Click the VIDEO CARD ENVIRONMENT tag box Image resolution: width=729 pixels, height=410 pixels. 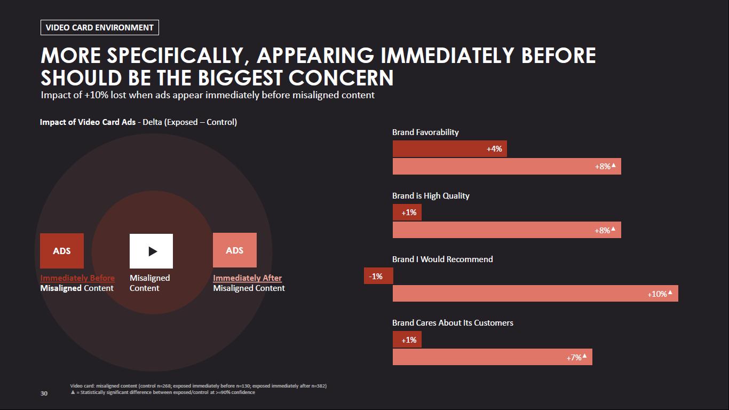(x=100, y=28)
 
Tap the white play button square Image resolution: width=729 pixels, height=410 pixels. (x=151, y=251)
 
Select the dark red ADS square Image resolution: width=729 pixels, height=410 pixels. (x=62, y=251)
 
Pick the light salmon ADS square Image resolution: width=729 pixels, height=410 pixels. (x=235, y=250)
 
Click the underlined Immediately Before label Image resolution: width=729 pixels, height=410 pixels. (x=77, y=278)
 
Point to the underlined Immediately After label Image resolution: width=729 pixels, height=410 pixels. (x=247, y=278)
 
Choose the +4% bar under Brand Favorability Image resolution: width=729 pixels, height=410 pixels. (x=449, y=149)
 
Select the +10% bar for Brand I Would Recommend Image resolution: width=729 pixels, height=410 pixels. (x=535, y=294)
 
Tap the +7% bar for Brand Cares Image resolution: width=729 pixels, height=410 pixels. (x=492, y=357)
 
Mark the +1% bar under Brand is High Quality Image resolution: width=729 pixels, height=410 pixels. (x=407, y=212)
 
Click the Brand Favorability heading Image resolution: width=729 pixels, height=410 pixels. (x=425, y=132)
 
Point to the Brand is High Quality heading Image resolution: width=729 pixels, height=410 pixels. (x=431, y=196)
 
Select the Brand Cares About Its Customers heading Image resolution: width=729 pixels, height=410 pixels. (x=453, y=323)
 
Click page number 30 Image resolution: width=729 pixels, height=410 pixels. (x=44, y=393)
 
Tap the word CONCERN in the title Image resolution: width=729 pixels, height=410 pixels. (x=341, y=78)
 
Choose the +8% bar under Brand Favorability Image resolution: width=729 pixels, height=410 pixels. (x=506, y=167)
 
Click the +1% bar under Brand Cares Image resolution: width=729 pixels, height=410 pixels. (x=407, y=340)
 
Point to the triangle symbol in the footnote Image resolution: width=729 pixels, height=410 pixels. (x=73, y=392)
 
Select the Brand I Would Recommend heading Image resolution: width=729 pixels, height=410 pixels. (x=442, y=259)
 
